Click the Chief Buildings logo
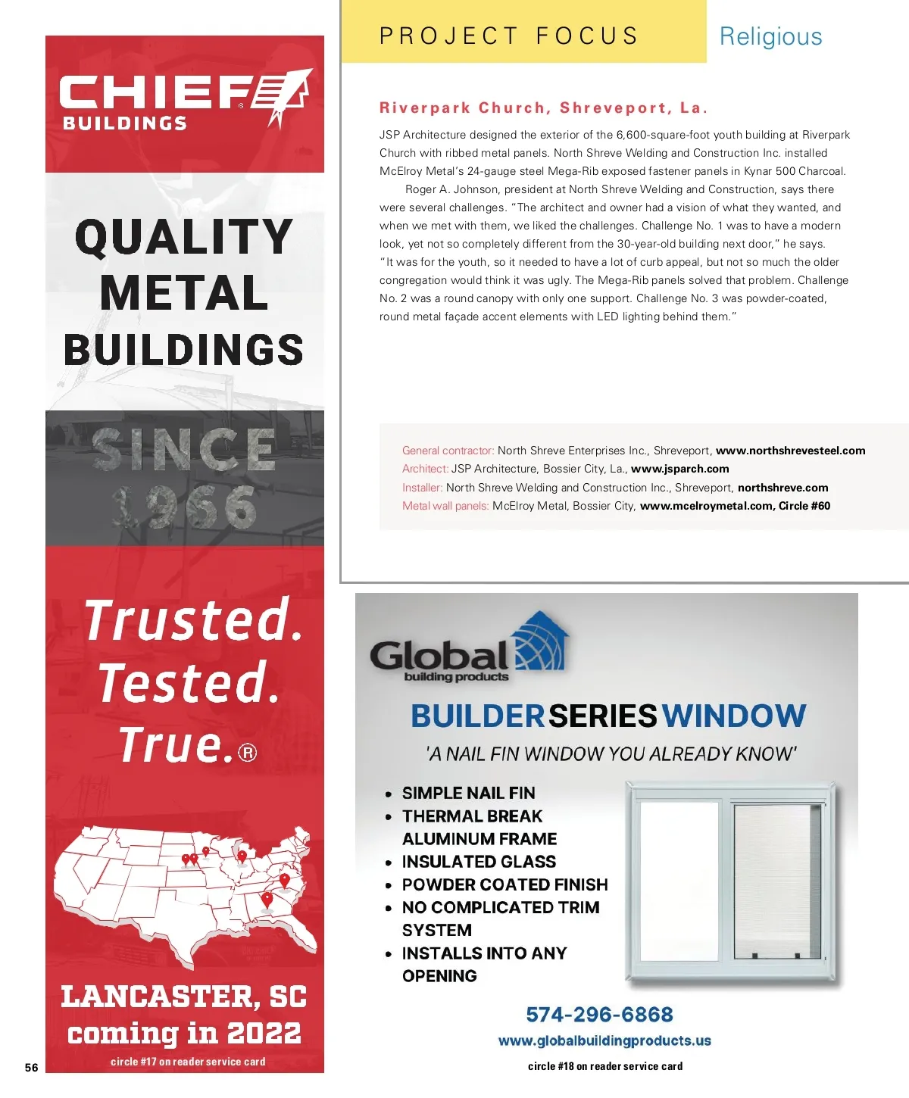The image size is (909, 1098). tap(185, 100)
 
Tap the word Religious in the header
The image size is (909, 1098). tap(770, 36)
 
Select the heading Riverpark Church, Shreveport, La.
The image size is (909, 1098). tap(543, 108)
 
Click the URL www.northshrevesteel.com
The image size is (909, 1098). tap(790, 451)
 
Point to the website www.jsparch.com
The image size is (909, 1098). tap(679, 469)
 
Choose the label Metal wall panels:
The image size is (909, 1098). tap(445, 506)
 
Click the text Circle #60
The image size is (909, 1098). tap(804, 506)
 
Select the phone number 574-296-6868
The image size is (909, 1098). tap(599, 1015)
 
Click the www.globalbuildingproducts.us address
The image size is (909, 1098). tap(604, 1041)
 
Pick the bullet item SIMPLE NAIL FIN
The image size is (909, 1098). tap(468, 793)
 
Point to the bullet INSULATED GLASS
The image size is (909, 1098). tap(479, 862)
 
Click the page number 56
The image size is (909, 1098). tap(31, 1068)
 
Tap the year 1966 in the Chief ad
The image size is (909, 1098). tap(185, 507)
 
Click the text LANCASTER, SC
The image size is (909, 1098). tap(184, 997)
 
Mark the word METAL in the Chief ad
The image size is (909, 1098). tap(184, 293)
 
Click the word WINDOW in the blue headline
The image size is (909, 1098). tap(733, 716)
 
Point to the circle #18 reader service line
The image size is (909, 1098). tap(604, 1066)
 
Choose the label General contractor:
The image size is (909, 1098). tap(448, 451)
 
